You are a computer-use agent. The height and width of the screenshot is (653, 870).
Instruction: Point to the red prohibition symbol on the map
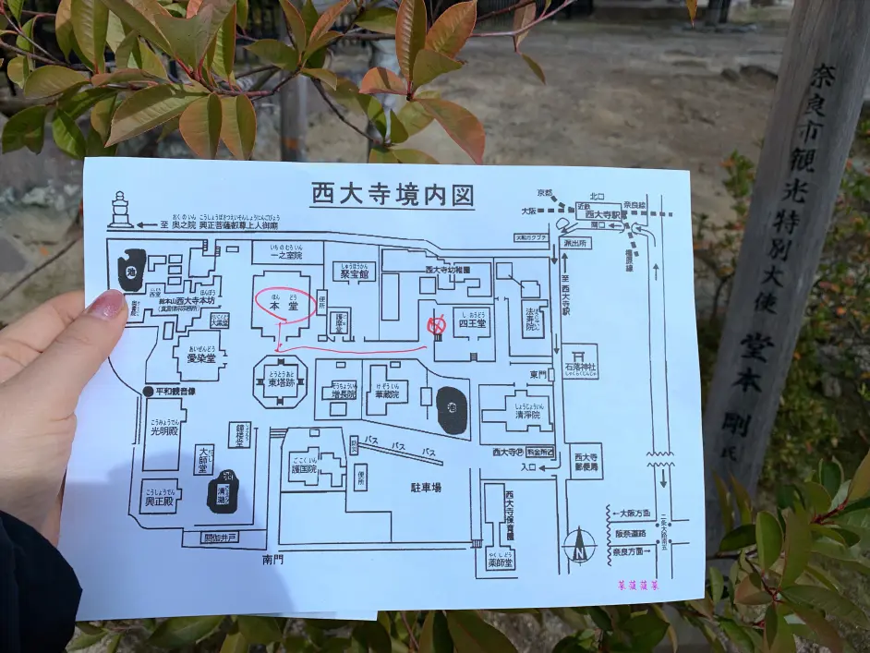[437, 325]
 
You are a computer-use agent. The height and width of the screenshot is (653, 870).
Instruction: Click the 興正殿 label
[161, 497]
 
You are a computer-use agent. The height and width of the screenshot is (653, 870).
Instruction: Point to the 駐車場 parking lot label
[426, 486]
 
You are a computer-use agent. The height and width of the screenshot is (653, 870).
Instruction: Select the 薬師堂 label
[501, 560]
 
